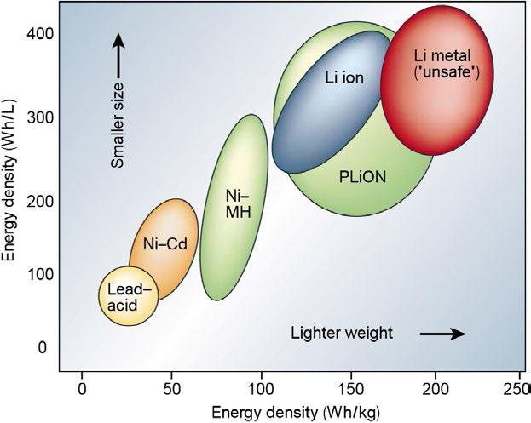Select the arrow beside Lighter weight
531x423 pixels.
point(442,333)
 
